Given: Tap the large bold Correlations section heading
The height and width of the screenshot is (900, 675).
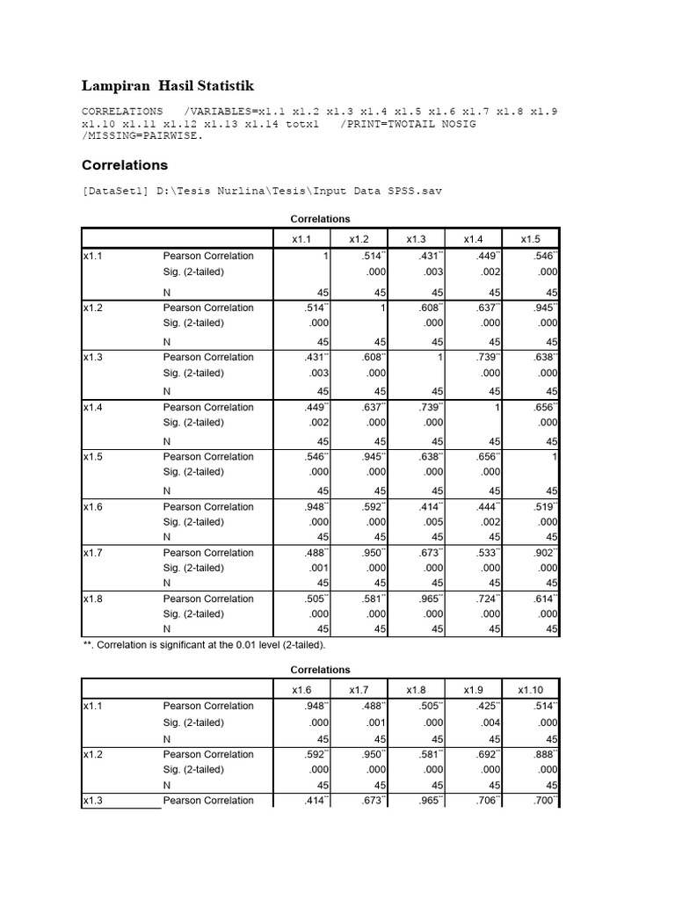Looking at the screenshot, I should click(125, 165).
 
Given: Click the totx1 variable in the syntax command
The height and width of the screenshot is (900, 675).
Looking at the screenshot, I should click(301, 125).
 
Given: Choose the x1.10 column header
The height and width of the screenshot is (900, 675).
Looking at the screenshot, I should click(531, 690).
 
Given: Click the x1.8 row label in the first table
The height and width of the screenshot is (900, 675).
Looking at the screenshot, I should click(94, 599).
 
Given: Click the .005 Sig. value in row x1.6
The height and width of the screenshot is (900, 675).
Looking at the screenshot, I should click(432, 522).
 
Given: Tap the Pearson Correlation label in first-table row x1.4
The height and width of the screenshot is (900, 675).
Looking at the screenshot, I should click(208, 407).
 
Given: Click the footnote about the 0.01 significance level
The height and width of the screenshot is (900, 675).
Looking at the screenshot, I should click(203, 645).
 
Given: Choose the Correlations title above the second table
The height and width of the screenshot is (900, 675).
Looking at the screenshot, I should click(320, 670).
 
